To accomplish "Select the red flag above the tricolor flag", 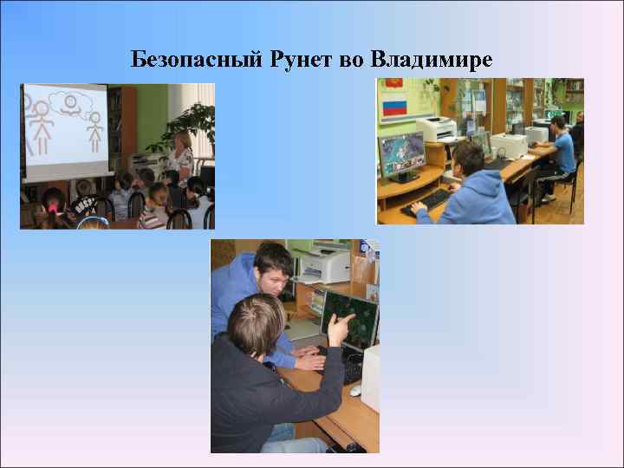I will point(395,86).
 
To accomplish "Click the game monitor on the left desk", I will point(402,157).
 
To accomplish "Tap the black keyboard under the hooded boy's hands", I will point(430,202).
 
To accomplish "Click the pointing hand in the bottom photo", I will point(341,328).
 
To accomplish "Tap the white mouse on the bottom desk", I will point(355,391).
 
